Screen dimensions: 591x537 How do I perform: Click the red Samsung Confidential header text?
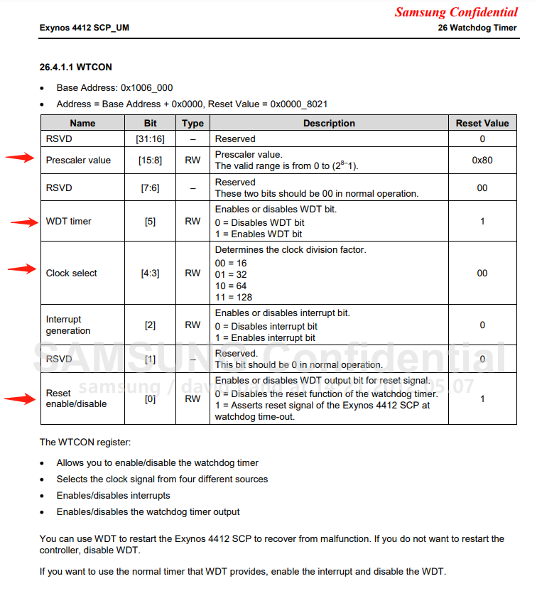456,12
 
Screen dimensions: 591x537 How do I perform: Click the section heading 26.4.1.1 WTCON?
75,67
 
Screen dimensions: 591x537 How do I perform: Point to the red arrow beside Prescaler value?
20,158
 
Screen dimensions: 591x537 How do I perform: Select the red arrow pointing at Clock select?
21,269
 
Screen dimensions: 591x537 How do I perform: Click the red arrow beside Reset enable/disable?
20,399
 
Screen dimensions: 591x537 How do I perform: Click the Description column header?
329,123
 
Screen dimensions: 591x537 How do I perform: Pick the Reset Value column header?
482,123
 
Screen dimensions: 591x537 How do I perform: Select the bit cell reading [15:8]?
150,161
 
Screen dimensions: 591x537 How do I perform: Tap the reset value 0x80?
482,161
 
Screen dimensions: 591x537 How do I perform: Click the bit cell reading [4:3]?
150,273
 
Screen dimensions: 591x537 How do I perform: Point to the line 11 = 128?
233,297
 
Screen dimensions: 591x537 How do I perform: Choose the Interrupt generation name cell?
68,325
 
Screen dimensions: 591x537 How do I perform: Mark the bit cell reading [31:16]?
150,139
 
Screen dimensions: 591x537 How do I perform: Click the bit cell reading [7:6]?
150,188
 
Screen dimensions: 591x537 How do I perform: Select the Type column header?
192,123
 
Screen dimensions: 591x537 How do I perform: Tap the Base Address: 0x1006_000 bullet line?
114,88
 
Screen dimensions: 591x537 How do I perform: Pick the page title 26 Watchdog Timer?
478,28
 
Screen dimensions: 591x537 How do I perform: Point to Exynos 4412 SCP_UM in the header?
85,28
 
